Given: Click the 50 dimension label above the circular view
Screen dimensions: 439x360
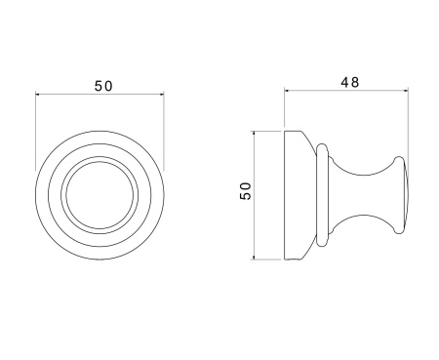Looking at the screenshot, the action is (103, 86).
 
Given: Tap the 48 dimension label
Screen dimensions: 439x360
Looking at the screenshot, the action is (350, 82).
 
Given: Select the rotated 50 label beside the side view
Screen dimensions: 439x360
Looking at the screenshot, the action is (246, 191).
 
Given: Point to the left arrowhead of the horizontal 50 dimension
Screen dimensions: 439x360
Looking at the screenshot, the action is (37, 95).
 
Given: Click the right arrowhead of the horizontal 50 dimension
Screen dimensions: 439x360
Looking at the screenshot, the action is (162, 95).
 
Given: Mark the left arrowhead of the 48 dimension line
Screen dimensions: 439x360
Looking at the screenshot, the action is (287, 91).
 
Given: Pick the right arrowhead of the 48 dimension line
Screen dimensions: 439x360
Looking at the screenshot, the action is (406, 91).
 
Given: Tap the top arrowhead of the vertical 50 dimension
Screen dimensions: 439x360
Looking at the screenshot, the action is (254, 134).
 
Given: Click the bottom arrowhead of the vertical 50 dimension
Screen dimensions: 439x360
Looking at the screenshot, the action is (254, 258).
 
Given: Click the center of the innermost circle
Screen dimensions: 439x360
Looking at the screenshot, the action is (100, 195).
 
